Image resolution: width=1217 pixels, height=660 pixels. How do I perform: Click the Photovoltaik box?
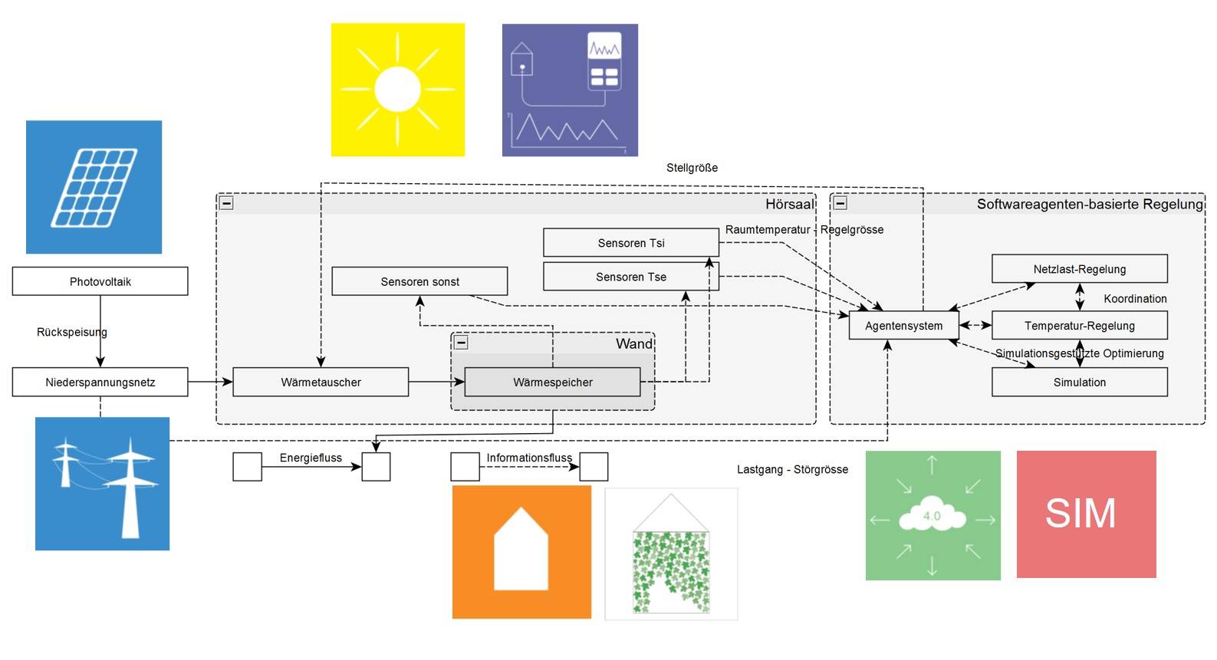[x=100, y=281]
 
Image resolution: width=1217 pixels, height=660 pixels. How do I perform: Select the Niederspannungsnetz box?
[x=100, y=382]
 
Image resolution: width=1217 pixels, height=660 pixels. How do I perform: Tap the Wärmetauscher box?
[x=321, y=382]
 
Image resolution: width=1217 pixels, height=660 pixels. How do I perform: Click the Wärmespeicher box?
[x=552, y=382]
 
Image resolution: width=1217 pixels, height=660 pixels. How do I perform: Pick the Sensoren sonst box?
[x=419, y=281]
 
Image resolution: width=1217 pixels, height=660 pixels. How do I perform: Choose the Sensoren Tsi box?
[x=630, y=243]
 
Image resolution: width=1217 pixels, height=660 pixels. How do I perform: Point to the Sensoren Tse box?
[x=630, y=277]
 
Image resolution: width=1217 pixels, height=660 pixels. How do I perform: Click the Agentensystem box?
[x=903, y=326]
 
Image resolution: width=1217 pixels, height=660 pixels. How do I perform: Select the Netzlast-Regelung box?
[x=1079, y=269]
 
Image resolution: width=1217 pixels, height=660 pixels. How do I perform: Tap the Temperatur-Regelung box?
[x=1079, y=326]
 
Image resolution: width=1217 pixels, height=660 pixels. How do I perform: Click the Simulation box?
[x=1079, y=382]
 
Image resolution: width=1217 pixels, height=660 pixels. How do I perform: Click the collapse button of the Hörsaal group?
[x=227, y=203]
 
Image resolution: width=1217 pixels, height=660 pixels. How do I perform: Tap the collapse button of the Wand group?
[x=461, y=343]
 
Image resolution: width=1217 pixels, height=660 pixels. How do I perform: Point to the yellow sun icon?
[x=397, y=90]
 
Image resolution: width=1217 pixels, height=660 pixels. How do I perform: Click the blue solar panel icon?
[x=94, y=187]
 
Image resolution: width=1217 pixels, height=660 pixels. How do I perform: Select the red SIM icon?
[x=1086, y=514]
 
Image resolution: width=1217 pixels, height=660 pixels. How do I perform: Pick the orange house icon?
[x=521, y=552]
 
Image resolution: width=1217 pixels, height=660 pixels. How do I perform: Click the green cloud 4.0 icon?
[x=932, y=515]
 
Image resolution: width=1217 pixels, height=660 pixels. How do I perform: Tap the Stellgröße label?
[x=692, y=168]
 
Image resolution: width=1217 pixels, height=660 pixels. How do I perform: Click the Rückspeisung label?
[x=72, y=332]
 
